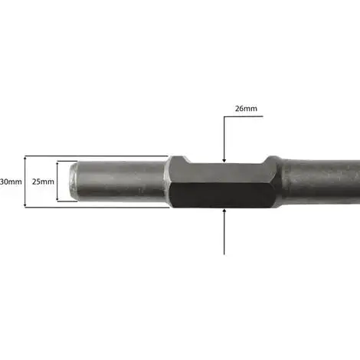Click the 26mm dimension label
pyautogui.click(x=246, y=109)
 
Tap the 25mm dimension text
pyautogui.click(x=43, y=182)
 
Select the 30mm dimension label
pyautogui.click(x=11, y=182)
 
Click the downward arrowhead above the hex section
pyautogui.click(x=224, y=160)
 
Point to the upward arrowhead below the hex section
pyautogui.click(x=224, y=211)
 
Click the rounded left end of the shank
pyautogui.click(x=74, y=182)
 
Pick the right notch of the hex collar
pyautogui.click(x=266, y=159)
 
